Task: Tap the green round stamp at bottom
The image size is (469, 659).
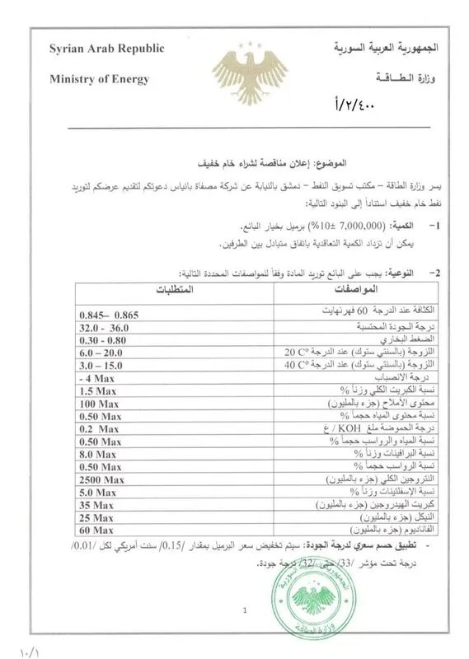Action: click(x=303, y=596)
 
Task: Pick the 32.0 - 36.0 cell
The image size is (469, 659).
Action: click(x=106, y=327)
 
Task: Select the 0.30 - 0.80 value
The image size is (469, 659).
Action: click(x=106, y=339)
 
